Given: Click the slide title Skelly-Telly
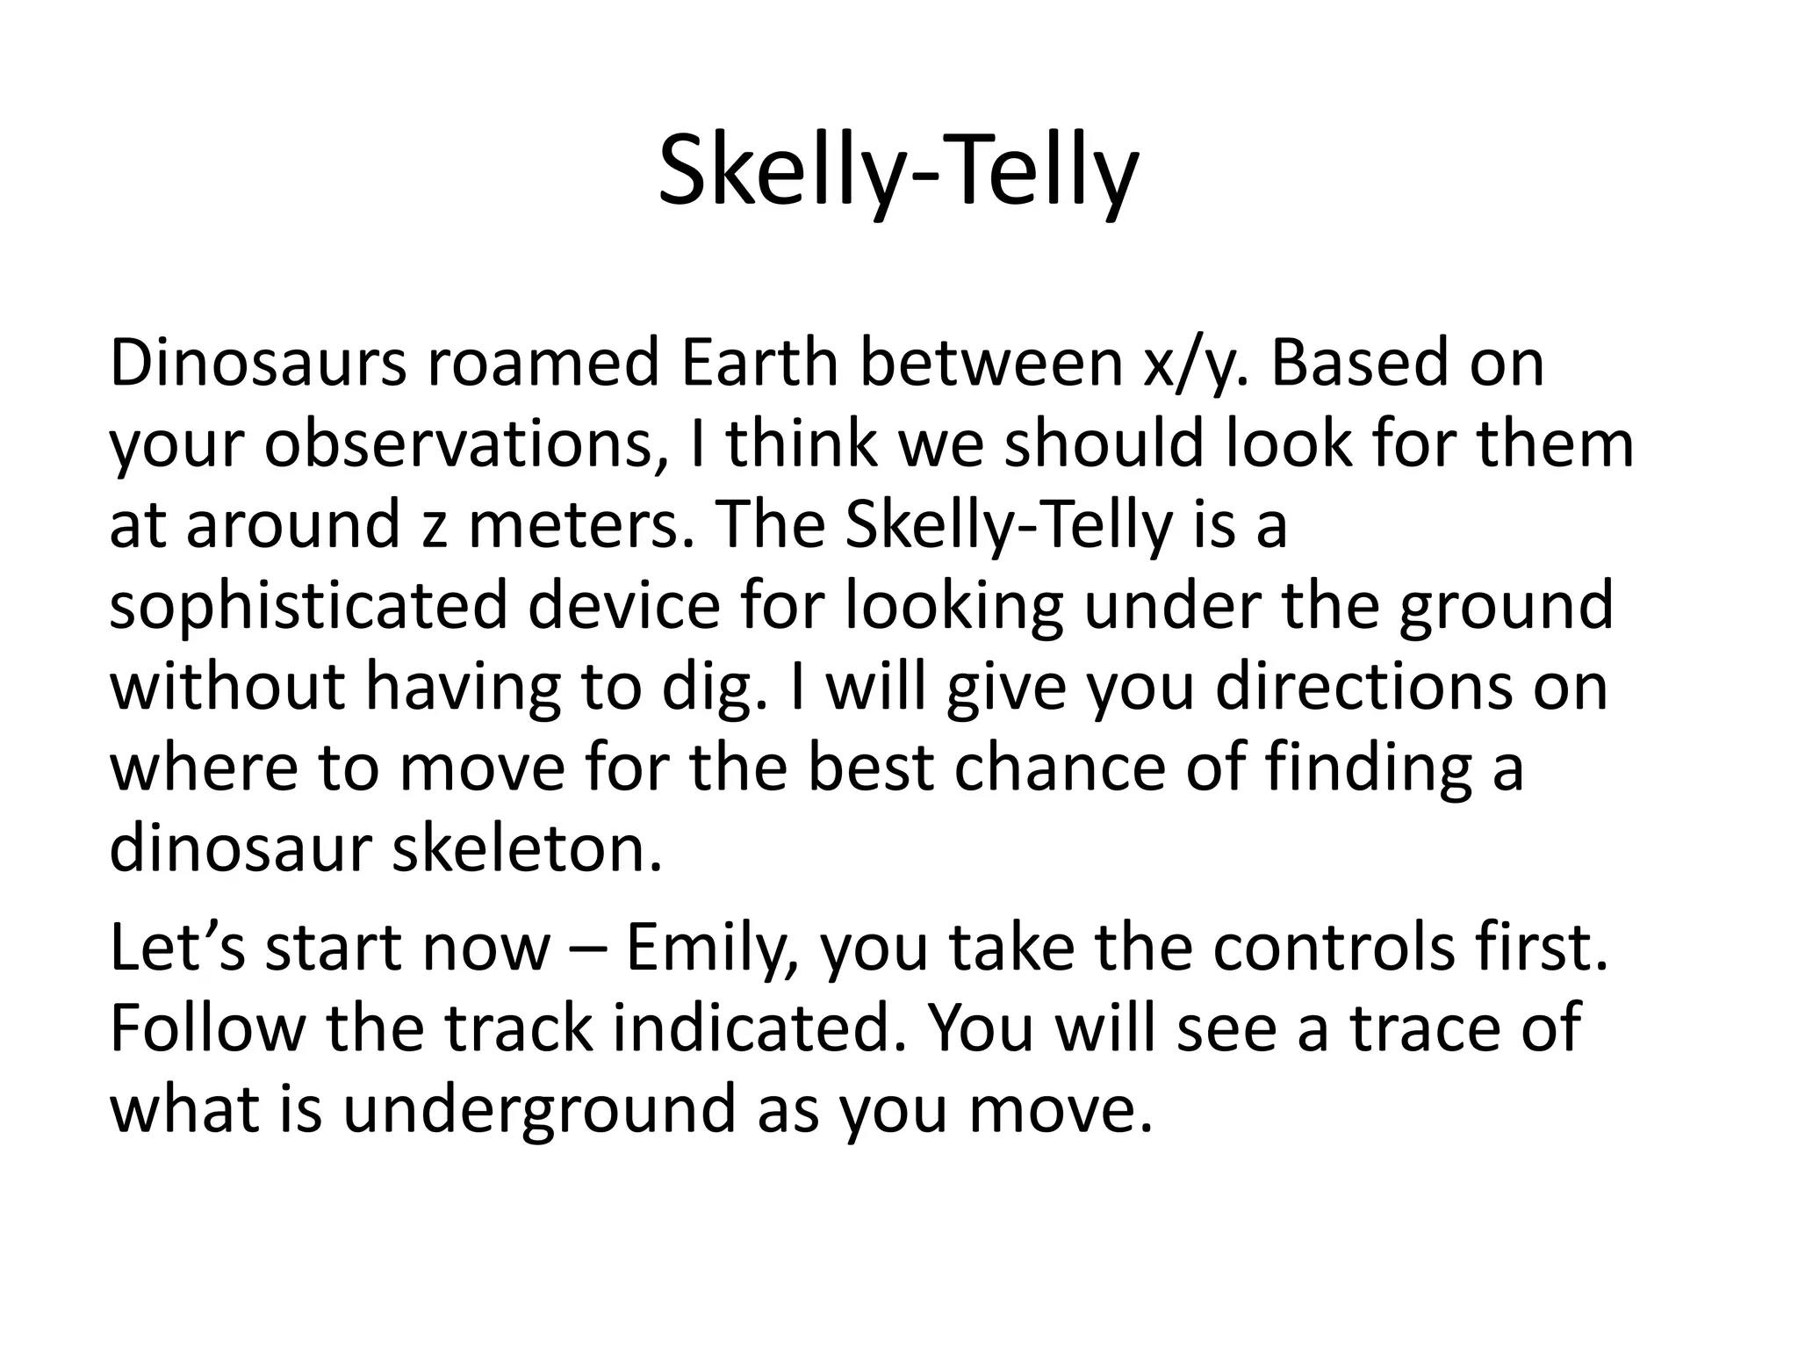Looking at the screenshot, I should click(x=898, y=173).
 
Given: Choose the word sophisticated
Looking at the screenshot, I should click(x=308, y=606).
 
